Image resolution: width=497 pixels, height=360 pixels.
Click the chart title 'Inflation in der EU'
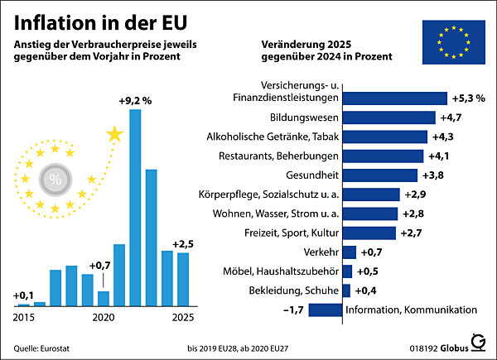(x=103, y=20)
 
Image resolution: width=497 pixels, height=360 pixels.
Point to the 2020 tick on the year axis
(x=103, y=317)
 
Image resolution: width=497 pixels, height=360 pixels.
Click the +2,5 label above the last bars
(x=183, y=243)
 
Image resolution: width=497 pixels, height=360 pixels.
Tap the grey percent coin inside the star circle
(x=56, y=179)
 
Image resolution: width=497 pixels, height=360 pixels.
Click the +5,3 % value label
(x=468, y=98)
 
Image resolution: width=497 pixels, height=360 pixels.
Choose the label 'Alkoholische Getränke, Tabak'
(x=277, y=137)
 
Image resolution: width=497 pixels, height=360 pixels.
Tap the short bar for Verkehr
(x=349, y=252)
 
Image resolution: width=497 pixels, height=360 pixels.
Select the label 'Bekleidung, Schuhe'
(x=292, y=290)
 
